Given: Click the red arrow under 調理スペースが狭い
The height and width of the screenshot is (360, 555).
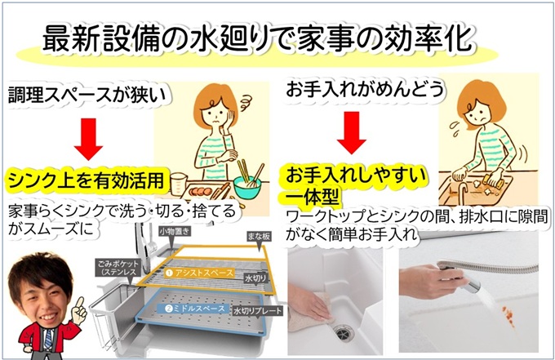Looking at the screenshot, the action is (x=88, y=139).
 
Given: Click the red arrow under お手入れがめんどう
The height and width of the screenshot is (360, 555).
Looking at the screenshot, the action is (x=352, y=133).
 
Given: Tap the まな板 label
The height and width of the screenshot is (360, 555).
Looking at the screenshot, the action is (x=259, y=237).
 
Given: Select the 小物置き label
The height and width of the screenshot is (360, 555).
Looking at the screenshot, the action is (x=175, y=232).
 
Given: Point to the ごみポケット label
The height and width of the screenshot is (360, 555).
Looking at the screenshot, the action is (x=118, y=268).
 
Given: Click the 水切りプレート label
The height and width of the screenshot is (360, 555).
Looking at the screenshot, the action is (x=258, y=311).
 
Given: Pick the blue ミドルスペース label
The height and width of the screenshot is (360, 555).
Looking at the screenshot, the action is (x=195, y=309).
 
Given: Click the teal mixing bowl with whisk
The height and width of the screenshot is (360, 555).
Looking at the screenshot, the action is (x=247, y=187).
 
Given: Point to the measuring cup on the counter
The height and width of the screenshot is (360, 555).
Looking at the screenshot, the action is (x=179, y=184).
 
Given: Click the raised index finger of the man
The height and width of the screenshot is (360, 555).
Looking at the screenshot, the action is (x=80, y=304).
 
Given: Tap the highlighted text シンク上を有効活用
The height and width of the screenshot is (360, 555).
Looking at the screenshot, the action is (x=87, y=180).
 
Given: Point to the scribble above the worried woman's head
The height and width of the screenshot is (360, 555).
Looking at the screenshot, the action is (x=245, y=104).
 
